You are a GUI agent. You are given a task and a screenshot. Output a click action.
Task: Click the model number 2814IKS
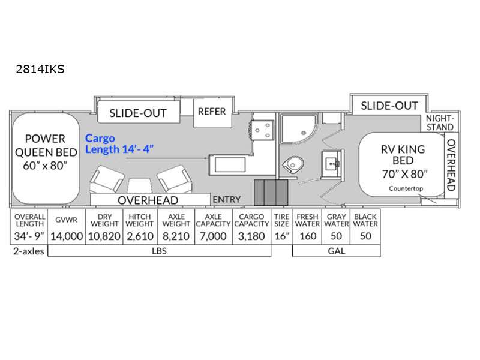[x=40, y=69]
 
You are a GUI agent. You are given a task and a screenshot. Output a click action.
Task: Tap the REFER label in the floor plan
[x=212, y=112]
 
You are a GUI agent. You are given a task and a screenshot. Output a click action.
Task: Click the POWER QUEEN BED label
[x=46, y=152]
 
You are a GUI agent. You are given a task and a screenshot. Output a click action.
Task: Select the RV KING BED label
[x=403, y=161]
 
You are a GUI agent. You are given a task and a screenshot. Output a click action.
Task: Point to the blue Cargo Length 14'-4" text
[x=119, y=144]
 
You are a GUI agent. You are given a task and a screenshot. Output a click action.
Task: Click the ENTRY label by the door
[x=227, y=200]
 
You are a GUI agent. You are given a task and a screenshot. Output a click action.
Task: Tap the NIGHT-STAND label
[x=440, y=123]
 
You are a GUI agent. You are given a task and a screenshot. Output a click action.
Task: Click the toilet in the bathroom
[x=293, y=164]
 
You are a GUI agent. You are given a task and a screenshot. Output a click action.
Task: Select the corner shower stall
[x=299, y=129]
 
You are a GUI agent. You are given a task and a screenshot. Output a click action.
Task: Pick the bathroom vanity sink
[x=332, y=163]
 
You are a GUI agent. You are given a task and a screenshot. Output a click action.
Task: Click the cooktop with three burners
[x=262, y=130]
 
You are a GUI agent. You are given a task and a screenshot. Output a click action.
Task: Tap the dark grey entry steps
[x=271, y=193]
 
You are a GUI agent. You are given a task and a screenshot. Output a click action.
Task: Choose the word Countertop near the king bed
[x=406, y=188]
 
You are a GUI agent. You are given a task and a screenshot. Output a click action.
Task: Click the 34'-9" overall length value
[x=29, y=236]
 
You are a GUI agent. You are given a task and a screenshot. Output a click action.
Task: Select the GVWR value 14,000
[x=67, y=236]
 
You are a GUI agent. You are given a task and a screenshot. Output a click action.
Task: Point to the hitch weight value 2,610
[x=140, y=236]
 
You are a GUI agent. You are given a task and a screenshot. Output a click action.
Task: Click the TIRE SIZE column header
[x=281, y=220]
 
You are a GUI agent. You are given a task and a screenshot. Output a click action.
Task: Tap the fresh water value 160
[x=308, y=236]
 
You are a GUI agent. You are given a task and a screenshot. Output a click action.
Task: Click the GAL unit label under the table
[x=337, y=251]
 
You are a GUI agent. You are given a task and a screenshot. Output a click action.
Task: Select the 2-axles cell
[x=29, y=251]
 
